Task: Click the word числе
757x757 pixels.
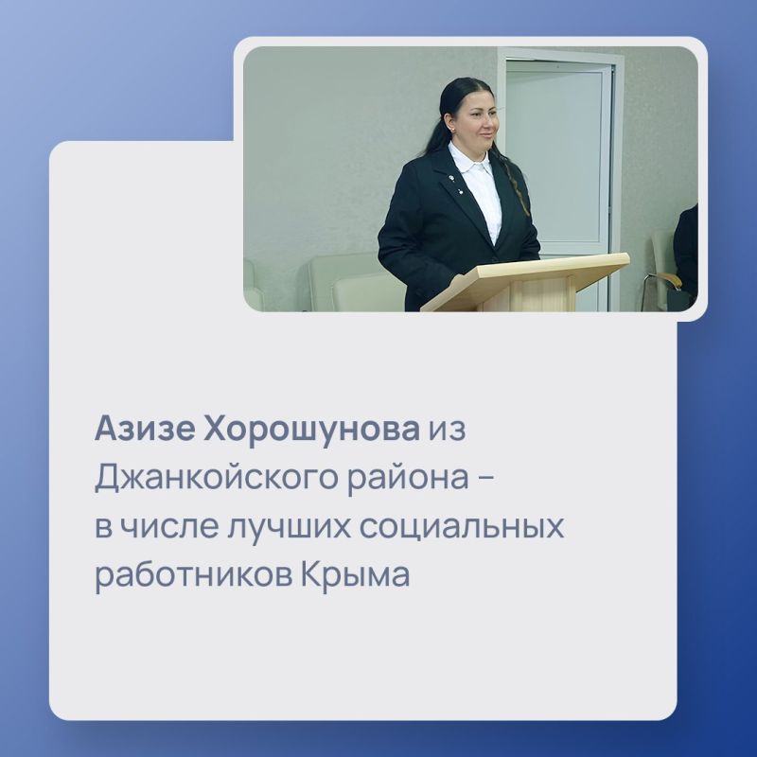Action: click(160, 527)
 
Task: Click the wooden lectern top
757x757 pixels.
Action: click(530, 270)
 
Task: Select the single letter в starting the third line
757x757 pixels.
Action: click(102, 527)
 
